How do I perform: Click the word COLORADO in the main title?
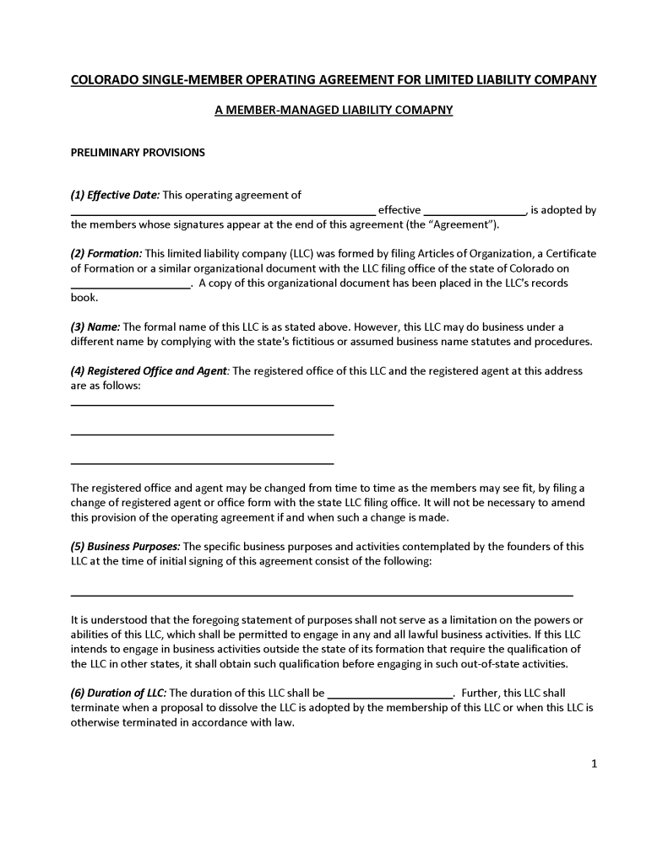(x=100, y=79)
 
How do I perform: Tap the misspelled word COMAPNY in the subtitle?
(x=424, y=110)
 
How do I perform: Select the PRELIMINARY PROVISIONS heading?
(x=138, y=153)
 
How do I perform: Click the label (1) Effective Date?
(x=115, y=195)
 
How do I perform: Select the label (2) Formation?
(x=106, y=253)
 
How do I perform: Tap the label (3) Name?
(x=95, y=327)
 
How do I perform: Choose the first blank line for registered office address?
(x=202, y=404)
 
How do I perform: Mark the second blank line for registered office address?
(x=202, y=434)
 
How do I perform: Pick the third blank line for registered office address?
(x=202, y=462)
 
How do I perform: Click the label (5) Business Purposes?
(x=125, y=546)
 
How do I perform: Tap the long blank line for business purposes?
(x=321, y=594)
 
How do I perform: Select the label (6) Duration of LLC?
(x=118, y=693)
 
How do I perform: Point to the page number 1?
(x=594, y=764)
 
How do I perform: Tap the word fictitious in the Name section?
(x=368, y=341)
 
